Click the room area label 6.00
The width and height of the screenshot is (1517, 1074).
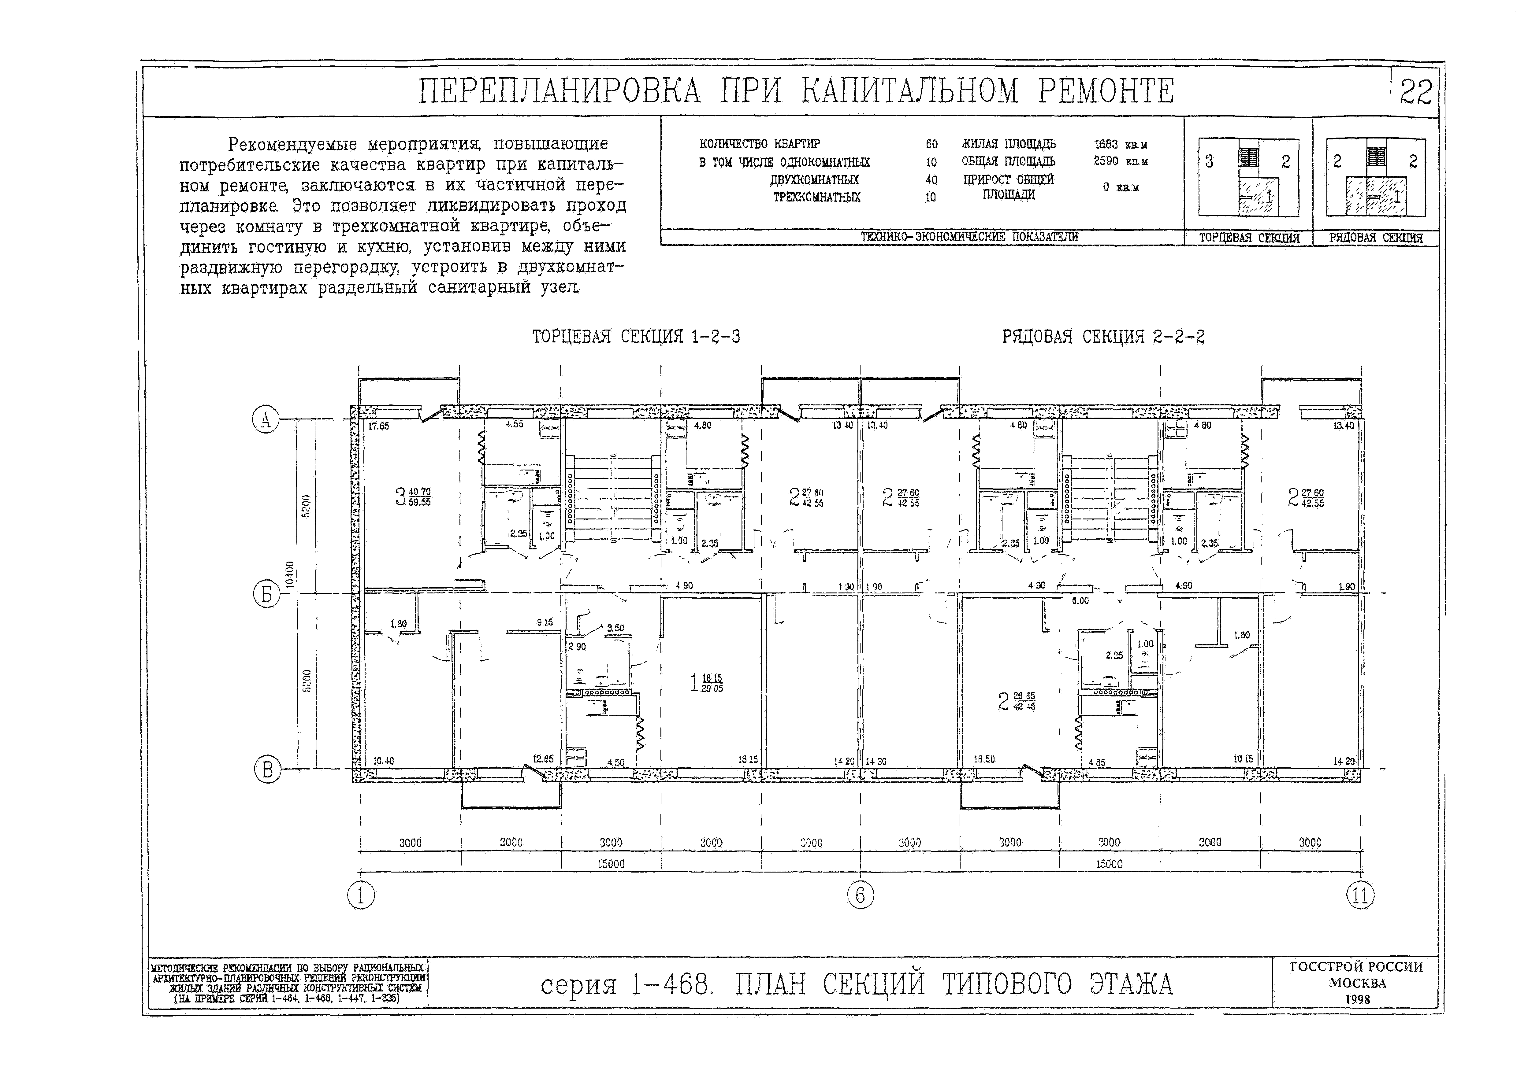pos(1080,600)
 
